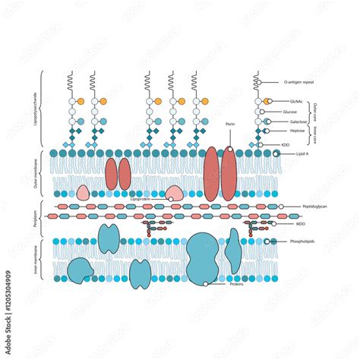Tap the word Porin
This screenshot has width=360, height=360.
click(230, 123)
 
